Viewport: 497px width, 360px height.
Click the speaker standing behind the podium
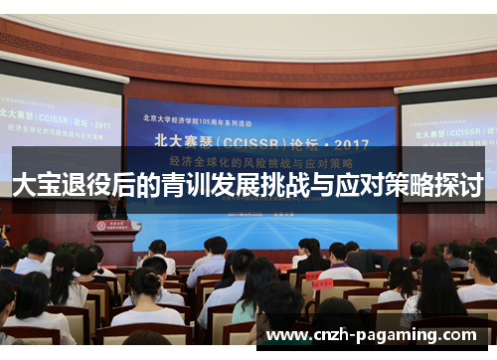(x=112, y=209)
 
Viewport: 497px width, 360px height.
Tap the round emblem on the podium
(x=115, y=227)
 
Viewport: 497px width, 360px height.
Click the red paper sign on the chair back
(x=321, y=283)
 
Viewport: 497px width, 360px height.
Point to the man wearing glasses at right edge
(x=483, y=269)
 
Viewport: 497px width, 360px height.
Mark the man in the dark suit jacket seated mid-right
(x=363, y=258)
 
